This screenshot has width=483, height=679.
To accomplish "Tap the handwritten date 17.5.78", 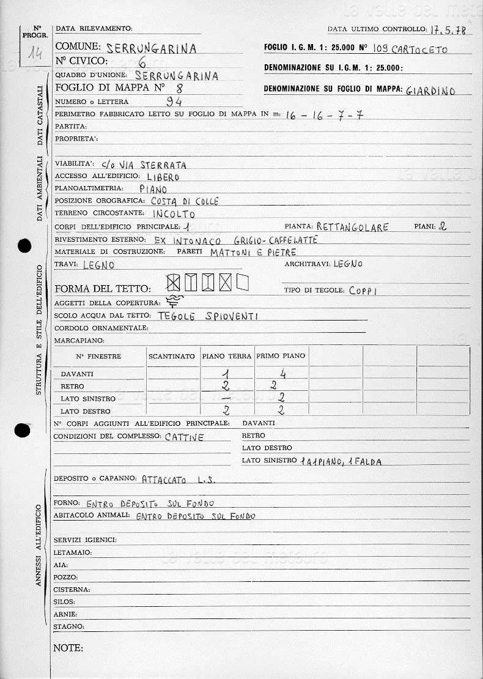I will pyautogui.click(x=447, y=30).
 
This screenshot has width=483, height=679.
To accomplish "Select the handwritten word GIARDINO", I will pyautogui.click(x=431, y=91).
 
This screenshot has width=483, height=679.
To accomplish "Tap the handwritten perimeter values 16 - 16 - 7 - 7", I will pyautogui.click(x=324, y=115).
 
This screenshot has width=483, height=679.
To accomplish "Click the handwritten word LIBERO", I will pyautogui.click(x=163, y=177).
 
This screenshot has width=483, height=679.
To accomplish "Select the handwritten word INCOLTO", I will pyautogui.click(x=174, y=214).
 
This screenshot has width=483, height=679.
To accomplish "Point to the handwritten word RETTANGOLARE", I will pyautogui.click(x=353, y=228).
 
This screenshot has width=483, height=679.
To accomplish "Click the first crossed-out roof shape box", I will pyautogui.click(x=174, y=282).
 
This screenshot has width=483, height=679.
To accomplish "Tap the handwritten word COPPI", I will pyautogui.click(x=363, y=291).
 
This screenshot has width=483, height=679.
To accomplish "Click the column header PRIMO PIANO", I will pyautogui.click(x=281, y=356).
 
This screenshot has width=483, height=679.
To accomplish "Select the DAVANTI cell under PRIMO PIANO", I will pyautogui.click(x=282, y=374).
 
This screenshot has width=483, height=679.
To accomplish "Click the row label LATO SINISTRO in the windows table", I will pyautogui.click(x=80, y=399).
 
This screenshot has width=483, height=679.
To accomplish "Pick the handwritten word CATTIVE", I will pyautogui.click(x=185, y=437).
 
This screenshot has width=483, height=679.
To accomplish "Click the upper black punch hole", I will pyautogui.click(x=24, y=246).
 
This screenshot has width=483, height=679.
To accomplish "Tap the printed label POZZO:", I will pyautogui.click(x=65, y=577).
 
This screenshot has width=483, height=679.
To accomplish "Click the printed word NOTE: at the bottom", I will pyautogui.click(x=68, y=648).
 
